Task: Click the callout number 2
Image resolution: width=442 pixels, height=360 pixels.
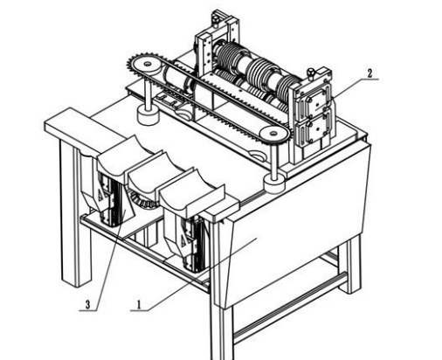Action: (369, 73)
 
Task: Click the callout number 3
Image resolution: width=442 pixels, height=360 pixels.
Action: (88, 305)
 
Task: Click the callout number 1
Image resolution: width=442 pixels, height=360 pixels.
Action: (139, 305)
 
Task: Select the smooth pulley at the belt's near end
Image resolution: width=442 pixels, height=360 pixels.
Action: (274, 135)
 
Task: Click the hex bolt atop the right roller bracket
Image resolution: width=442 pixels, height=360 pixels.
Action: (311, 73)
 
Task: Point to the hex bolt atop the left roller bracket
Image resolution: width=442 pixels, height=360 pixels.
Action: (217, 20)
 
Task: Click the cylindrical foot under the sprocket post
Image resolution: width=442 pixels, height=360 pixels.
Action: (148, 115)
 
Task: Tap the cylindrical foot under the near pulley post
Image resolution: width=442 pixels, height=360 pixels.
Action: (273, 185)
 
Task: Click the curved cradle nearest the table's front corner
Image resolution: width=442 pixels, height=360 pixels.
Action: (191, 194)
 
